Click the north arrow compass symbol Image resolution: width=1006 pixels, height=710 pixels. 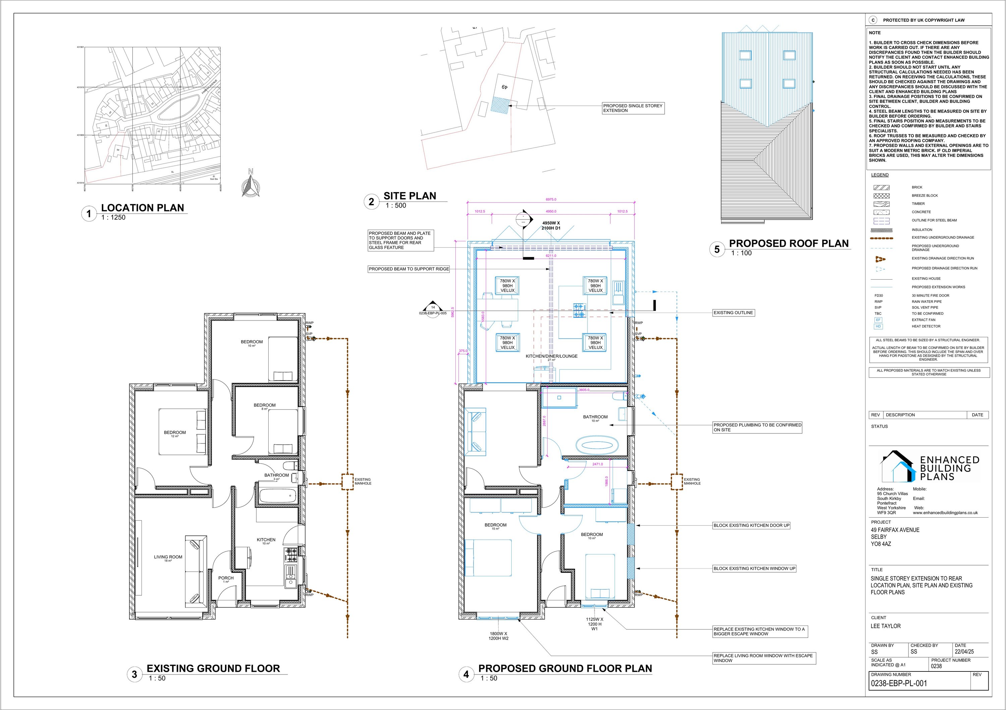point(250,184)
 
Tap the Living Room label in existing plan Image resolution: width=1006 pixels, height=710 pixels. point(168,557)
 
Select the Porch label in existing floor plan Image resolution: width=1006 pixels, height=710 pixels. point(226,579)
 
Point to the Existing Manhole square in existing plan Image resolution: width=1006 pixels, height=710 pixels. point(347,482)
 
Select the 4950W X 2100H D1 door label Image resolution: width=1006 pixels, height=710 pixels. point(551,226)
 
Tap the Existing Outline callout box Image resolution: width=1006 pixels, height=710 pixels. point(733,313)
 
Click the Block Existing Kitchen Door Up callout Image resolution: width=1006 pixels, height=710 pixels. point(751,525)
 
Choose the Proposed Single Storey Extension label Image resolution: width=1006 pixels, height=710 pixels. point(633,108)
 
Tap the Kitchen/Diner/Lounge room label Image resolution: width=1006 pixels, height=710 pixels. point(552,357)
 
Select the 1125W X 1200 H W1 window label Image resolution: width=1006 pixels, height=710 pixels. point(595,624)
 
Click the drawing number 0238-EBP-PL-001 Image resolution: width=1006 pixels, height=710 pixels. point(899,683)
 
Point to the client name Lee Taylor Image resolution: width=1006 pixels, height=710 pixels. point(886,626)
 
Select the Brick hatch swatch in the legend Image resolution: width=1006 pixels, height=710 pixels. point(882,187)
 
